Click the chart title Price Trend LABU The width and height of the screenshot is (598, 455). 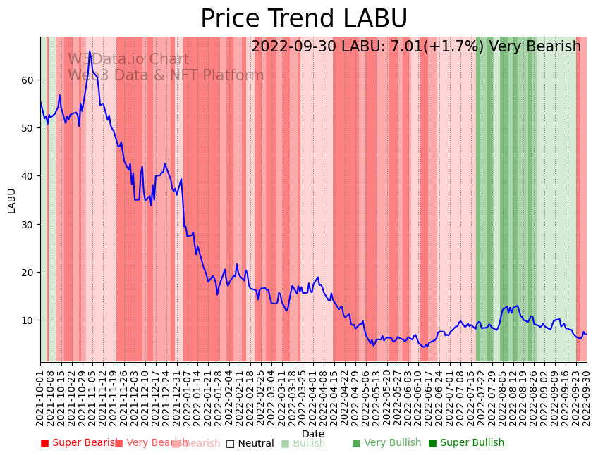[304, 19]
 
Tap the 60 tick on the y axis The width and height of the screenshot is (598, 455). [28, 80]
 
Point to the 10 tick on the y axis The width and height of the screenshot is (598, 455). [28, 320]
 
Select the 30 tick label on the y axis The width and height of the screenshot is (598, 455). [28, 225]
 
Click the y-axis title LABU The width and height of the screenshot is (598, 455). [11, 200]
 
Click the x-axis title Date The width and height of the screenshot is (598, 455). [313, 434]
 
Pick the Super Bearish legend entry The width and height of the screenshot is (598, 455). [78, 443]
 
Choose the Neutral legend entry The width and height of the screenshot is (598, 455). [250, 443]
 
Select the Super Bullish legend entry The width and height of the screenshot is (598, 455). [466, 443]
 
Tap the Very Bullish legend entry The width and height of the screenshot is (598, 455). [386, 443]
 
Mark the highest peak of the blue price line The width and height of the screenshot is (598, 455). [90, 51]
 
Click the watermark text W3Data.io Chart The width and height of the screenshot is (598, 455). [128, 60]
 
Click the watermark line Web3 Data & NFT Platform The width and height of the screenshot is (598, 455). [166, 75]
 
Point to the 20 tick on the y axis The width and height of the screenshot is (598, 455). [28, 273]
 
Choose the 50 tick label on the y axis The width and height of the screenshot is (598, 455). [28, 128]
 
